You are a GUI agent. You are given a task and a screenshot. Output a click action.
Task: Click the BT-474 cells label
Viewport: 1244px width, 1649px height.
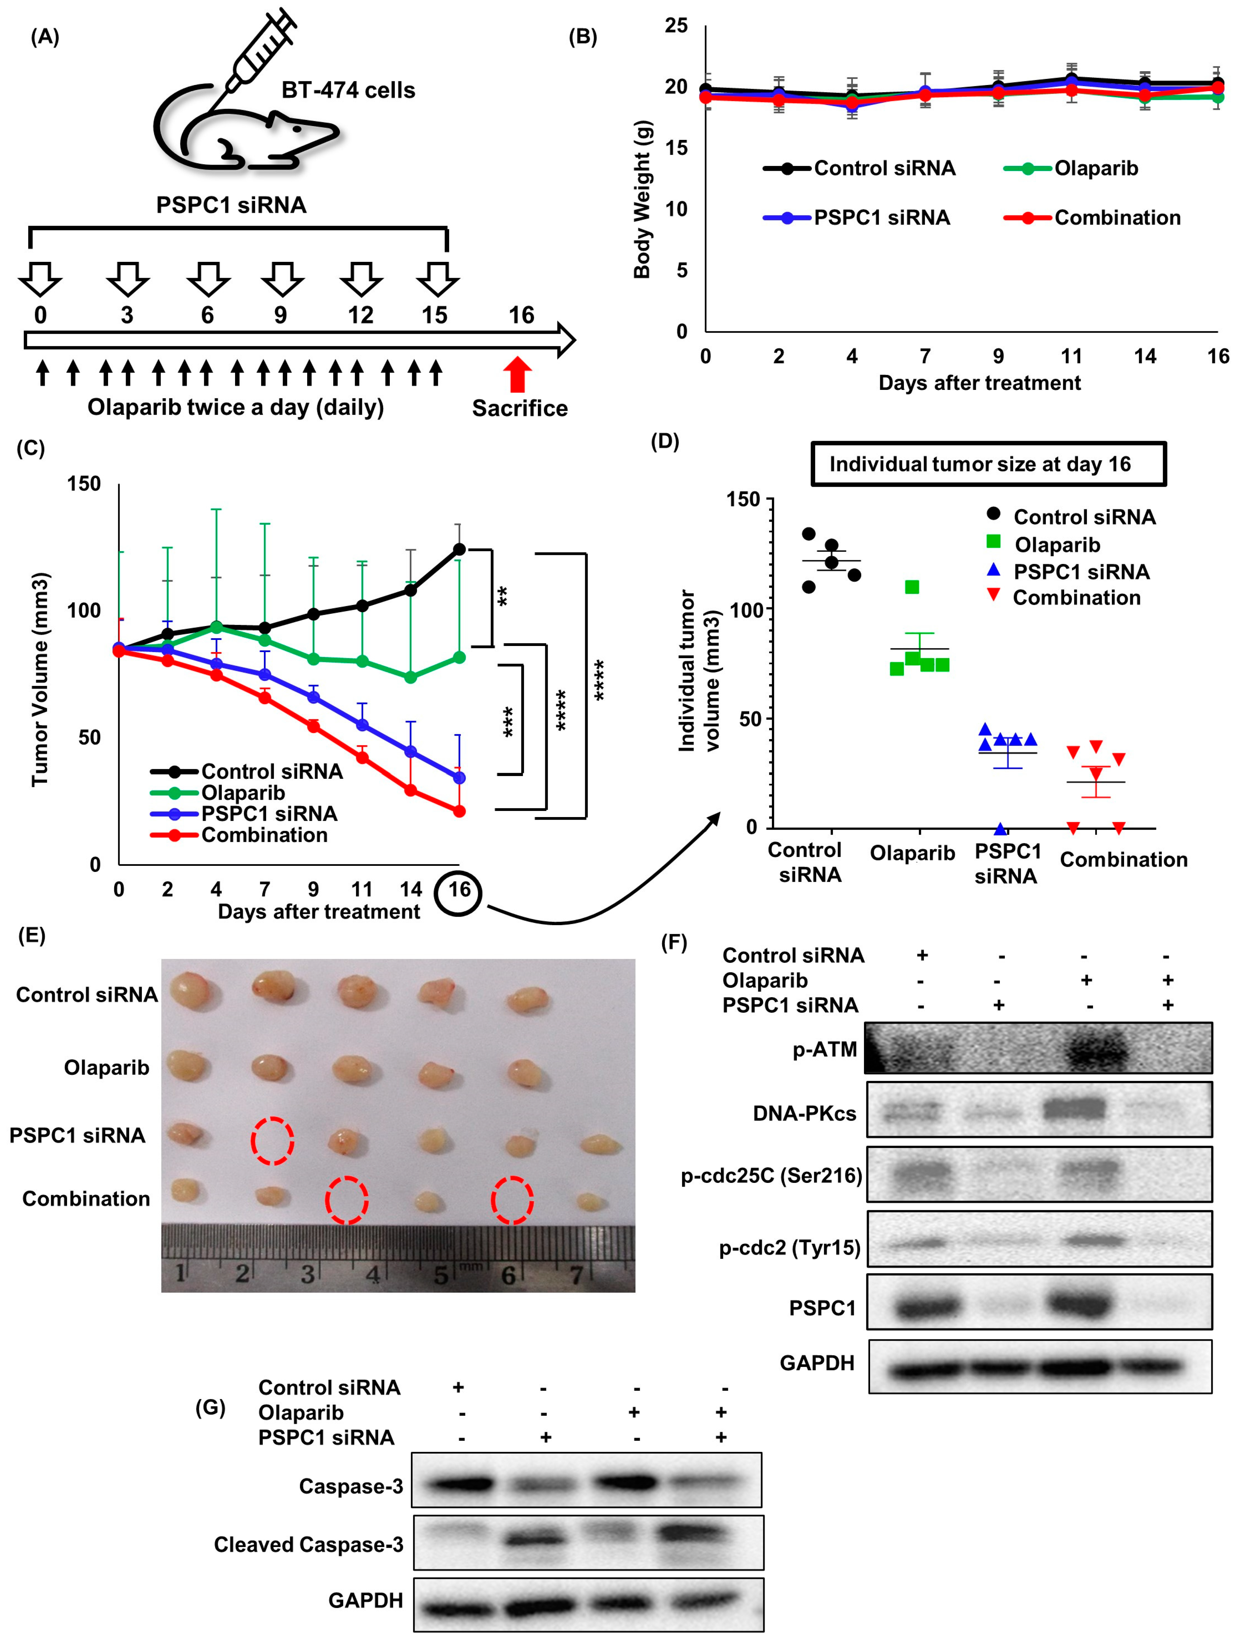348,90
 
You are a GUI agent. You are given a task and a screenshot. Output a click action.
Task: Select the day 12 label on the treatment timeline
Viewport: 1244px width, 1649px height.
361,315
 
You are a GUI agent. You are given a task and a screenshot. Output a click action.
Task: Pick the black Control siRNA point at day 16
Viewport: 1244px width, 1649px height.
459,549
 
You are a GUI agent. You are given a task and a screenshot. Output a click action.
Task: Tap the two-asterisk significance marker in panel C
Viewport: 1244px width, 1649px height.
503,597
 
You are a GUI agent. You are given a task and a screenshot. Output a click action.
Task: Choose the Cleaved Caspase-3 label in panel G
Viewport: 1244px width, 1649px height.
309,1545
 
